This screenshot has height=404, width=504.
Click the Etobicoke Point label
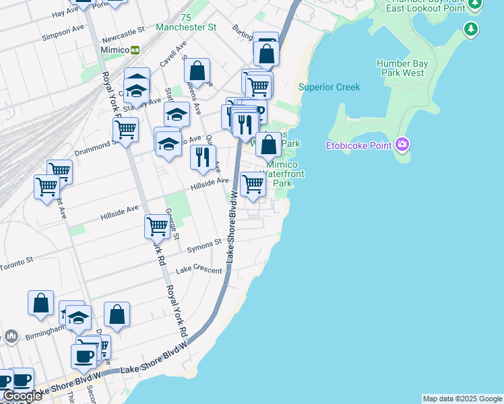click(360, 144)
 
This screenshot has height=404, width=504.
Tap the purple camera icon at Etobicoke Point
click(403, 144)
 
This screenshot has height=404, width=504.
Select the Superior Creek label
click(329, 87)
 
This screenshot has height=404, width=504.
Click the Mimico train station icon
click(135, 49)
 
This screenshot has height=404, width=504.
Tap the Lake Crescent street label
click(199, 270)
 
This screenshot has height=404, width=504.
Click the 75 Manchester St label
click(186, 22)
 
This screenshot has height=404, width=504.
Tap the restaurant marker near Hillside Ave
click(203, 158)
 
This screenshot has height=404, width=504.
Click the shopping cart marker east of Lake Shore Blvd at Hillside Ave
click(253, 183)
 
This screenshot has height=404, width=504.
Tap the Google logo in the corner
click(22, 396)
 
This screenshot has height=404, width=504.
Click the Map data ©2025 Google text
click(463, 399)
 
